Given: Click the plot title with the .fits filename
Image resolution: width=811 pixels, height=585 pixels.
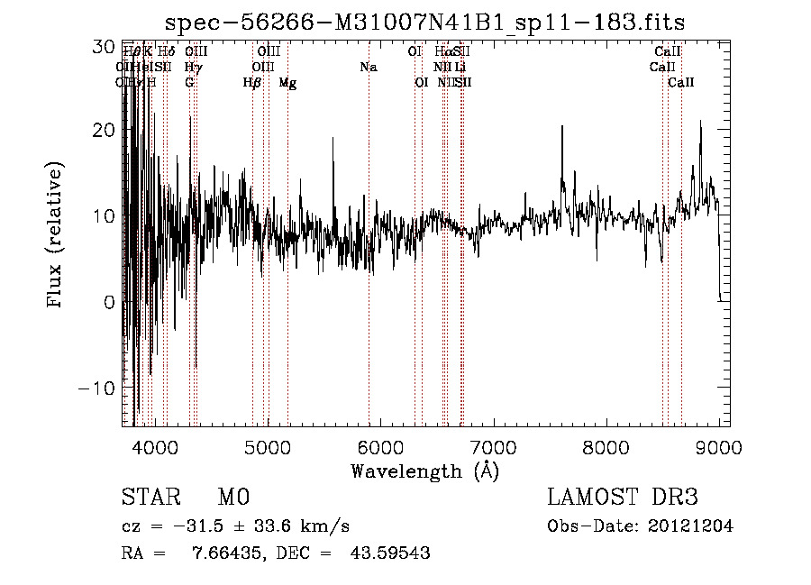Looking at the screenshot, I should click(x=432, y=23).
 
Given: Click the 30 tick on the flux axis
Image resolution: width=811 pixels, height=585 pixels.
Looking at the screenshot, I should click(x=105, y=44).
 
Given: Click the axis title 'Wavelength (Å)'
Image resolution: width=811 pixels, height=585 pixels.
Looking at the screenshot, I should click(x=424, y=471).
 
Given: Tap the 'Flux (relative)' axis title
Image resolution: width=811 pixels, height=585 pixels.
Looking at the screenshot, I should click(x=56, y=236).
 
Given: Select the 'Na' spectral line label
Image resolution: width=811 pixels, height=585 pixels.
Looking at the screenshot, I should click(x=368, y=67).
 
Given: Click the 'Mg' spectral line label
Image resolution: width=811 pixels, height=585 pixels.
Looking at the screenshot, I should click(x=287, y=83).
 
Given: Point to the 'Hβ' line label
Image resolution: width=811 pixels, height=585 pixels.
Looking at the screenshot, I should click(x=252, y=83).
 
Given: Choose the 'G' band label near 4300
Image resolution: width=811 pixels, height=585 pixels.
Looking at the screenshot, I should click(x=189, y=83).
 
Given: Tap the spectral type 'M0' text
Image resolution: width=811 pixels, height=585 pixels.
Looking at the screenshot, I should click(x=232, y=498).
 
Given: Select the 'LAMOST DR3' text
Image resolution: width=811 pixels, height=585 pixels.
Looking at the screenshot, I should click(x=622, y=498).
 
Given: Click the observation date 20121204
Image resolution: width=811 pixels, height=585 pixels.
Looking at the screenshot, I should click(x=690, y=526).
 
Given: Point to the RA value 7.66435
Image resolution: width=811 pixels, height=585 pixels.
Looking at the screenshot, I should click(x=228, y=553).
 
